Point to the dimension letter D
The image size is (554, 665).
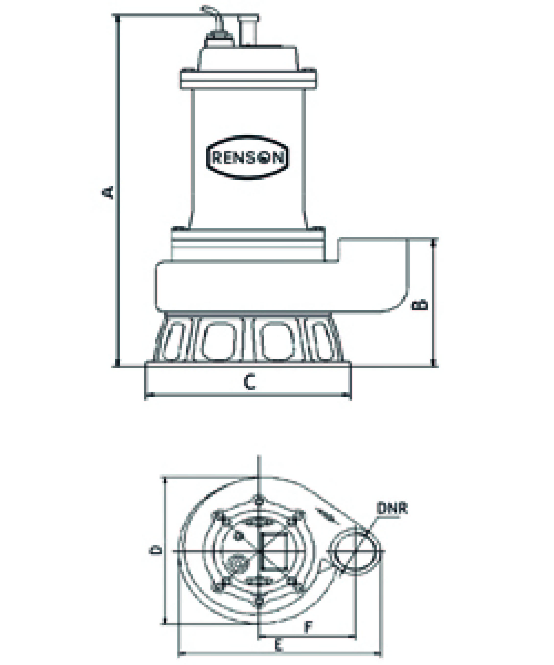(156, 550)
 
